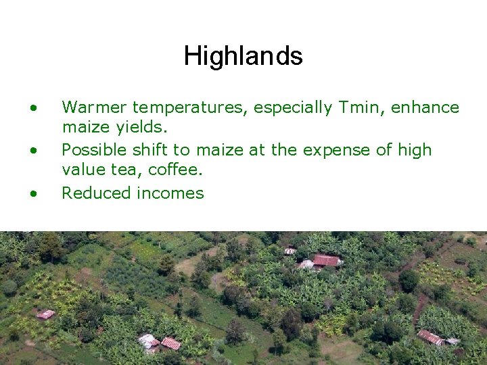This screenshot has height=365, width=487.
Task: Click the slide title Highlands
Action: point(243,55)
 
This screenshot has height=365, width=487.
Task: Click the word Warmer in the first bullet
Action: point(94,107)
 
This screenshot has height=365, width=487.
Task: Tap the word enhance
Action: point(426,107)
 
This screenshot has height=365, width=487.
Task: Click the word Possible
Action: point(95,149)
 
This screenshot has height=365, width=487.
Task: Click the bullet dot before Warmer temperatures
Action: point(33,107)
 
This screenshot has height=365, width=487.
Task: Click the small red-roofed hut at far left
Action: point(46,314)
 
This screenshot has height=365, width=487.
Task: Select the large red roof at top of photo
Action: point(326,260)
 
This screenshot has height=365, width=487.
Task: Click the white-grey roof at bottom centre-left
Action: point(147,341)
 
